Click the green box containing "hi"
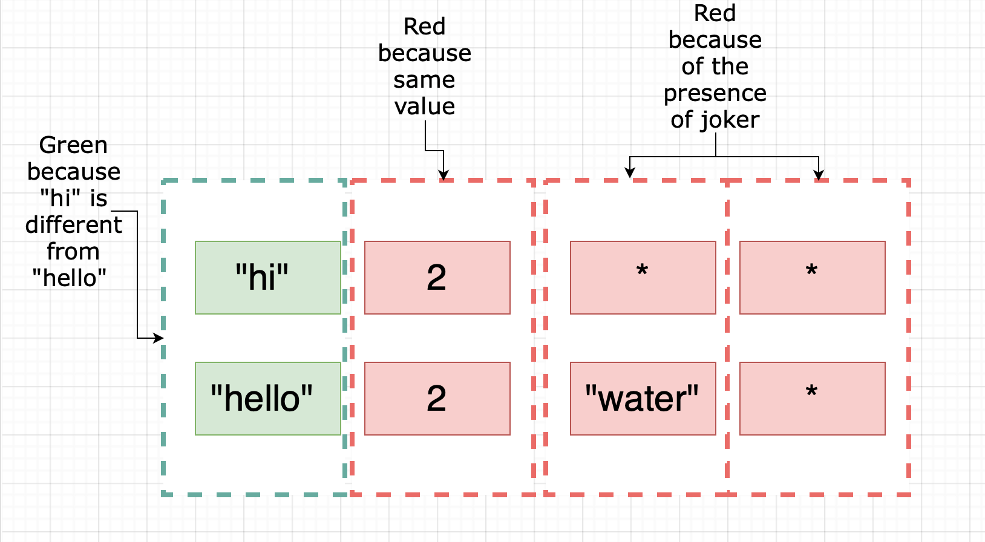(267, 278)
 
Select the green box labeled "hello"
(267, 399)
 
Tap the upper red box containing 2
(437, 278)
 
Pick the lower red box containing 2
(437, 399)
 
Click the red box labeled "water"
(643, 399)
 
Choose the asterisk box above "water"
(643, 278)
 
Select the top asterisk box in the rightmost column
(812, 278)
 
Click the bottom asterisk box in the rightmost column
(812, 399)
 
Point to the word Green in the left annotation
(73, 146)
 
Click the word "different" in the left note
(73, 225)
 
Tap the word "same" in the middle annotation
(424, 80)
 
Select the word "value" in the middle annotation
(424, 106)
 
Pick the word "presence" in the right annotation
(715, 93)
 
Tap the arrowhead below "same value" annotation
(443, 175)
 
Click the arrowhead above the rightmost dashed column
(819, 176)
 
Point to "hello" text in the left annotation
(69, 278)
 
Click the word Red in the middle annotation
(424, 27)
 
